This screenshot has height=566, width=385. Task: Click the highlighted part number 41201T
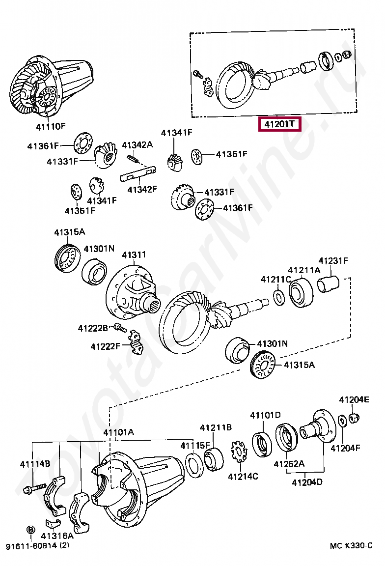pyautogui.click(x=279, y=124)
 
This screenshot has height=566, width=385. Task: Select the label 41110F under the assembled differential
pyautogui.click(x=49, y=126)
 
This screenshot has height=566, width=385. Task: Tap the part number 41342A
pyautogui.click(x=137, y=145)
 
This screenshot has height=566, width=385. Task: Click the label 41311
pyautogui.click(x=134, y=255)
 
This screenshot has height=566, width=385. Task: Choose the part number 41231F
pyautogui.click(x=333, y=260)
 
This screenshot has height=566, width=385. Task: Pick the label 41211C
pyautogui.click(x=275, y=280)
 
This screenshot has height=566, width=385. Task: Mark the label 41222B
pyautogui.click(x=92, y=328)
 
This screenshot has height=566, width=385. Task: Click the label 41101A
pyautogui.click(x=118, y=432)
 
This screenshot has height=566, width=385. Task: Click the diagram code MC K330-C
pyautogui.click(x=351, y=546)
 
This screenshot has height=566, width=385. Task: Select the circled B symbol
pyautogui.click(x=30, y=530)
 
